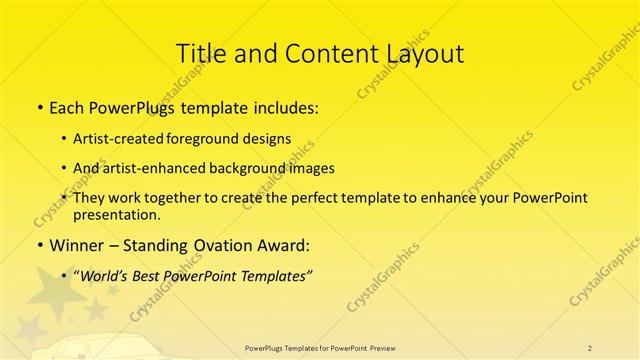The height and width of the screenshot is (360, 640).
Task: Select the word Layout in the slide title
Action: point(426,52)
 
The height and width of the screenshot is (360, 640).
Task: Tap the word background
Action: point(253,168)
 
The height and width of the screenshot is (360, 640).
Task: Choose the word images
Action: point(312,168)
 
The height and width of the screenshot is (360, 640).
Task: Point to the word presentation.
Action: point(115,214)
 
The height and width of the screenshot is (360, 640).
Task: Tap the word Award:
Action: point(284,244)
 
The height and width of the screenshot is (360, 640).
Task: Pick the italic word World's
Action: point(104,276)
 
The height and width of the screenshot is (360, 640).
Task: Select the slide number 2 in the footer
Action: point(590,347)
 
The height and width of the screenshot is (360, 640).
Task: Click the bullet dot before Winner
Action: point(39,245)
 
